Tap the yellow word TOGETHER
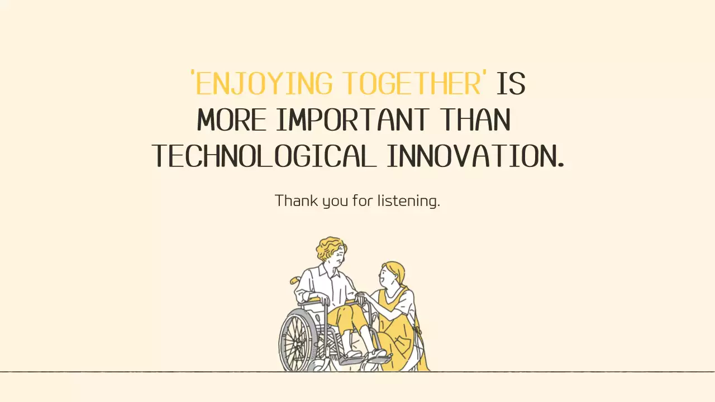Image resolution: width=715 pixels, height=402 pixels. tap(411, 84)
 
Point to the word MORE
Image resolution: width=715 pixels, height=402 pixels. tap(231, 120)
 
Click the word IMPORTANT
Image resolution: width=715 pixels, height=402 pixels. tap(352, 120)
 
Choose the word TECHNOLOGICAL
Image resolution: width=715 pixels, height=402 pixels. tap(263, 156)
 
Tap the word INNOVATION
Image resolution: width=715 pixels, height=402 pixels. tap(475, 156)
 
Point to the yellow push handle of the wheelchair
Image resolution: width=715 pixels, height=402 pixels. tap(294, 280)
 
